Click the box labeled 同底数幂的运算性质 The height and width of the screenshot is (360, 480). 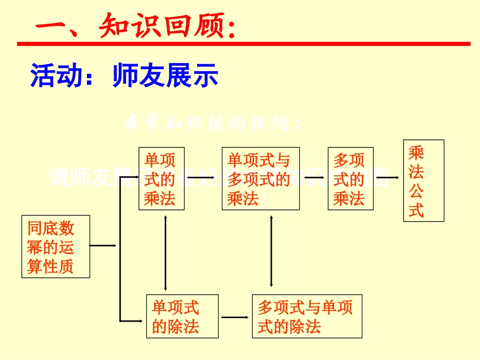56,246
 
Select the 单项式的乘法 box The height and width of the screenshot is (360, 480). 161,179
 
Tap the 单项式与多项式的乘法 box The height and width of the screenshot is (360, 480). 260,179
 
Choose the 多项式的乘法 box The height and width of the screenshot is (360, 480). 351,179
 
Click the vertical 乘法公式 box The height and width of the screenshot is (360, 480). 423,180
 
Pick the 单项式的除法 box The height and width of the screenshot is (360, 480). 182,316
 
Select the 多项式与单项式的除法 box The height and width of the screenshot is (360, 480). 307,316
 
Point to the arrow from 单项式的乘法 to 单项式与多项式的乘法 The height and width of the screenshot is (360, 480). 203,178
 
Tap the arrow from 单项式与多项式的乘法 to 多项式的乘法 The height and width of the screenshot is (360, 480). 313,178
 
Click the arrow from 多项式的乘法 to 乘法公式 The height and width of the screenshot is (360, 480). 388,178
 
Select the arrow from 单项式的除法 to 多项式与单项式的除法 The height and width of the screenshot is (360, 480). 235,317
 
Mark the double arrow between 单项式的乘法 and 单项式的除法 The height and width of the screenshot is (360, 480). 166,252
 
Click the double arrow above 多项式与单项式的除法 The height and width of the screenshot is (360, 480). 272,251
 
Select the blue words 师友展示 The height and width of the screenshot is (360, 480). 166,76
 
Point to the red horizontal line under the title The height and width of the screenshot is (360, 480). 243,44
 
